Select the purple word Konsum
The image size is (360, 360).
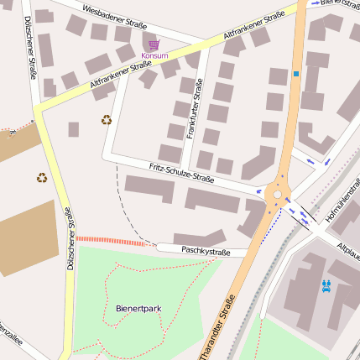tap(154, 56)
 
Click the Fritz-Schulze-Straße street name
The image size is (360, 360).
tap(182, 174)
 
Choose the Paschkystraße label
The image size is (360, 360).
tap(206, 251)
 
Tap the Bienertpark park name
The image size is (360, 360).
tap(138, 309)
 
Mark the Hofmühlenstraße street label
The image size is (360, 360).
tap(341, 203)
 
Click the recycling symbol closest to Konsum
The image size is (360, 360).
tap(107, 120)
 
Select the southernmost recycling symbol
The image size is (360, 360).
tap(42, 177)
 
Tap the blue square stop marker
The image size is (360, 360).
tap(295, 74)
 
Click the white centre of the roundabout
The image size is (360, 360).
tap(277, 195)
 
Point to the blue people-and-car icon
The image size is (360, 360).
tap(326, 284)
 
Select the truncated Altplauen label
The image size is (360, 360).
tap(348, 250)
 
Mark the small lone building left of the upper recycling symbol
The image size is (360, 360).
tap(74, 129)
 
